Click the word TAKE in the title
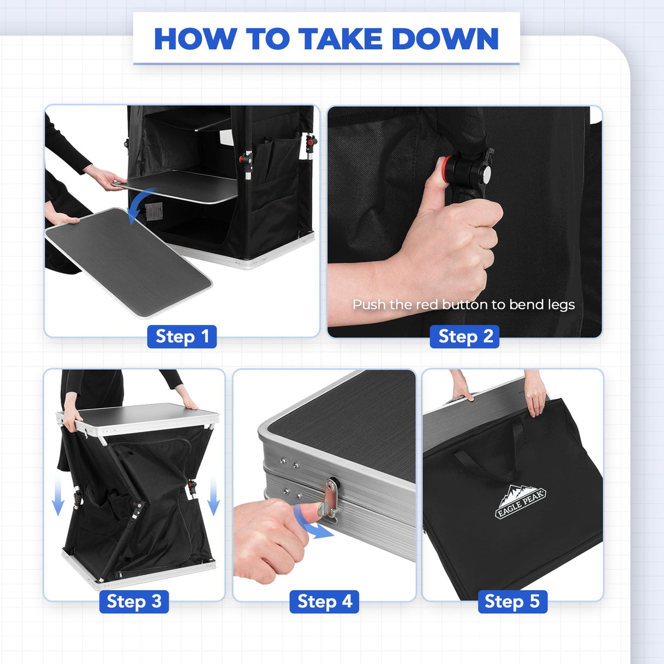click(x=340, y=39)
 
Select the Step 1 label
click(x=182, y=336)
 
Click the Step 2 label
click(x=464, y=336)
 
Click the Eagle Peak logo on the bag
click(x=520, y=502)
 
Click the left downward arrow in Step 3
click(x=58, y=495)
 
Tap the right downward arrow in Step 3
click(x=214, y=495)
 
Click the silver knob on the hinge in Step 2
click(x=486, y=174)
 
